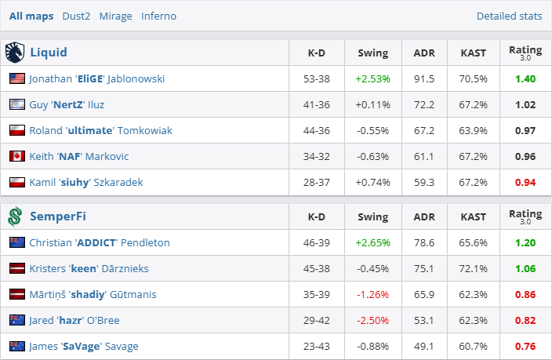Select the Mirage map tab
click(x=115, y=16)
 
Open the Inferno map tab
click(x=158, y=16)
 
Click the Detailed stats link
click(x=509, y=16)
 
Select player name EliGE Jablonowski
click(x=96, y=78)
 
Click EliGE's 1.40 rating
click(x=525, y=78)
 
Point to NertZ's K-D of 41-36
click(x=317, y=104)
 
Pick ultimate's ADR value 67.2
click(x=424, y=130)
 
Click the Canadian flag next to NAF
click(x=17, y=156)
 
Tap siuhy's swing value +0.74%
click(x=372, y=182)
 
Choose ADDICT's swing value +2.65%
click(x=372, y=242)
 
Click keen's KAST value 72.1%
click(x=473, y=268)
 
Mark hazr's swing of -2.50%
click(x=372, y=320)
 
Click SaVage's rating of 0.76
click(x=525, y=346)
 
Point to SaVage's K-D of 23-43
click(x=317, y=346)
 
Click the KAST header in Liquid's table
click(x=473, y=53)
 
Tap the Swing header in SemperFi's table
click(x=372, y=216)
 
